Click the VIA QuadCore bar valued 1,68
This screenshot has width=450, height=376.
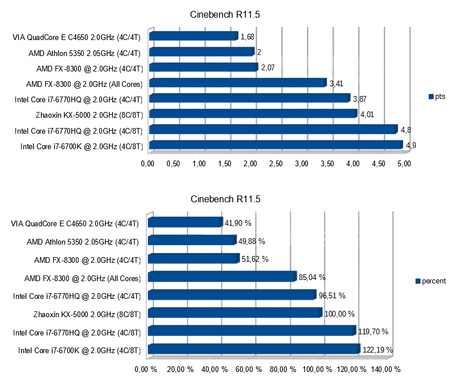coord(193,37)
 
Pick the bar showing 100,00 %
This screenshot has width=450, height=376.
coord(234,313)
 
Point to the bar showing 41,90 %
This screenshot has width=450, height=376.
coord(185,222)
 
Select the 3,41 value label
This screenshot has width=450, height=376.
coord(337,84)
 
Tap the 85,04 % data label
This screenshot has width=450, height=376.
coord(312,278)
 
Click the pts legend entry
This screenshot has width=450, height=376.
coord(436,97)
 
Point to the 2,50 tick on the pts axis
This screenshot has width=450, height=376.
coord(276,165)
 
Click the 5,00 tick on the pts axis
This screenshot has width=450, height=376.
coord(404,165)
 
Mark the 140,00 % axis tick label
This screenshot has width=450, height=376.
coord(386,369)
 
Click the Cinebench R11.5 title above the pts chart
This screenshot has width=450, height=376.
coord(225,14)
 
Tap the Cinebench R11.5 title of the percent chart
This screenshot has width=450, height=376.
coord(225,199)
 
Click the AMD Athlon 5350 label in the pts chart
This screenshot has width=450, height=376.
coord(84,53)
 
